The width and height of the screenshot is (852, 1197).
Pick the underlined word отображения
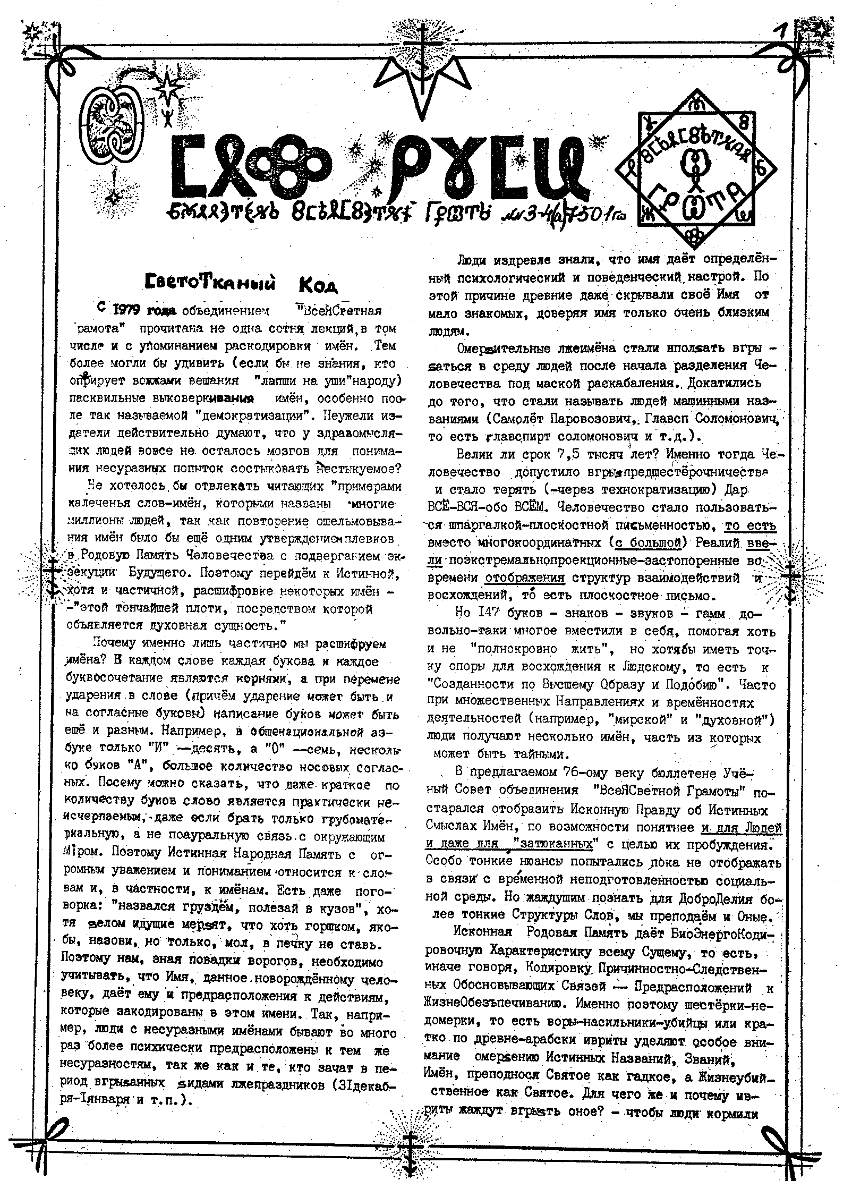click(524, 578)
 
